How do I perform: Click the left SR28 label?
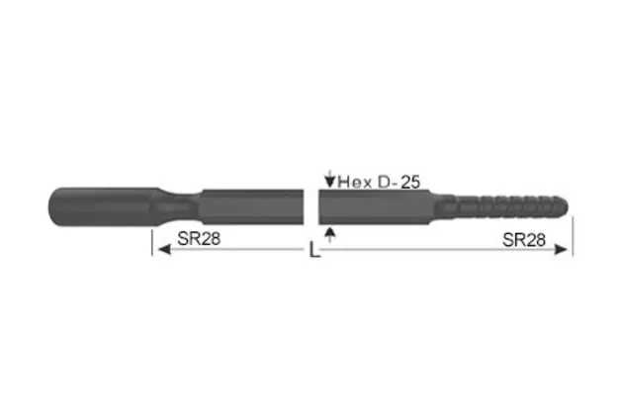199,238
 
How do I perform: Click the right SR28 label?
524,238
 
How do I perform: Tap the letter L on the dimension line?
314,252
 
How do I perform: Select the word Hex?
355,182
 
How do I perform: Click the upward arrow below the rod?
329,232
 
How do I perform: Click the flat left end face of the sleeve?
48,205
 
